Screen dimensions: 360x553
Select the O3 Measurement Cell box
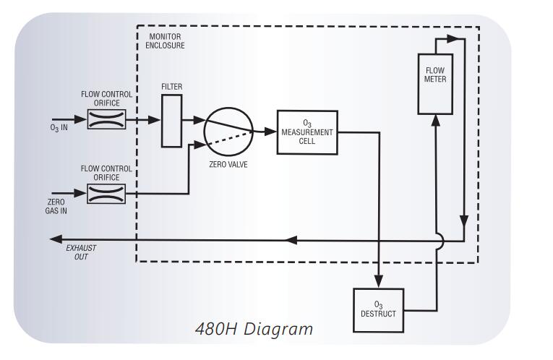coord(307,132)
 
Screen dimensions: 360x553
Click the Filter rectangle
coord(171,120)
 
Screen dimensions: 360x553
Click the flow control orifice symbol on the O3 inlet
coord(106,119)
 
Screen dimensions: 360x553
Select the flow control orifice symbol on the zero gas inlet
coord(106,193)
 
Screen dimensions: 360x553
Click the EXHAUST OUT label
coord(81,252)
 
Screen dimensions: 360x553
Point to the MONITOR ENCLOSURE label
coord(166,40)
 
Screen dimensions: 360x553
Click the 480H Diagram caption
coord(254,329)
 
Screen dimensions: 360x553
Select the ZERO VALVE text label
coord(230,164)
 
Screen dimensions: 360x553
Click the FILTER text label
coord(171,87)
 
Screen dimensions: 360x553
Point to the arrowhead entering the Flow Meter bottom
coord(436,120)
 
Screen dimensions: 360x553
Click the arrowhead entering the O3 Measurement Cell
coord(272,131)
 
